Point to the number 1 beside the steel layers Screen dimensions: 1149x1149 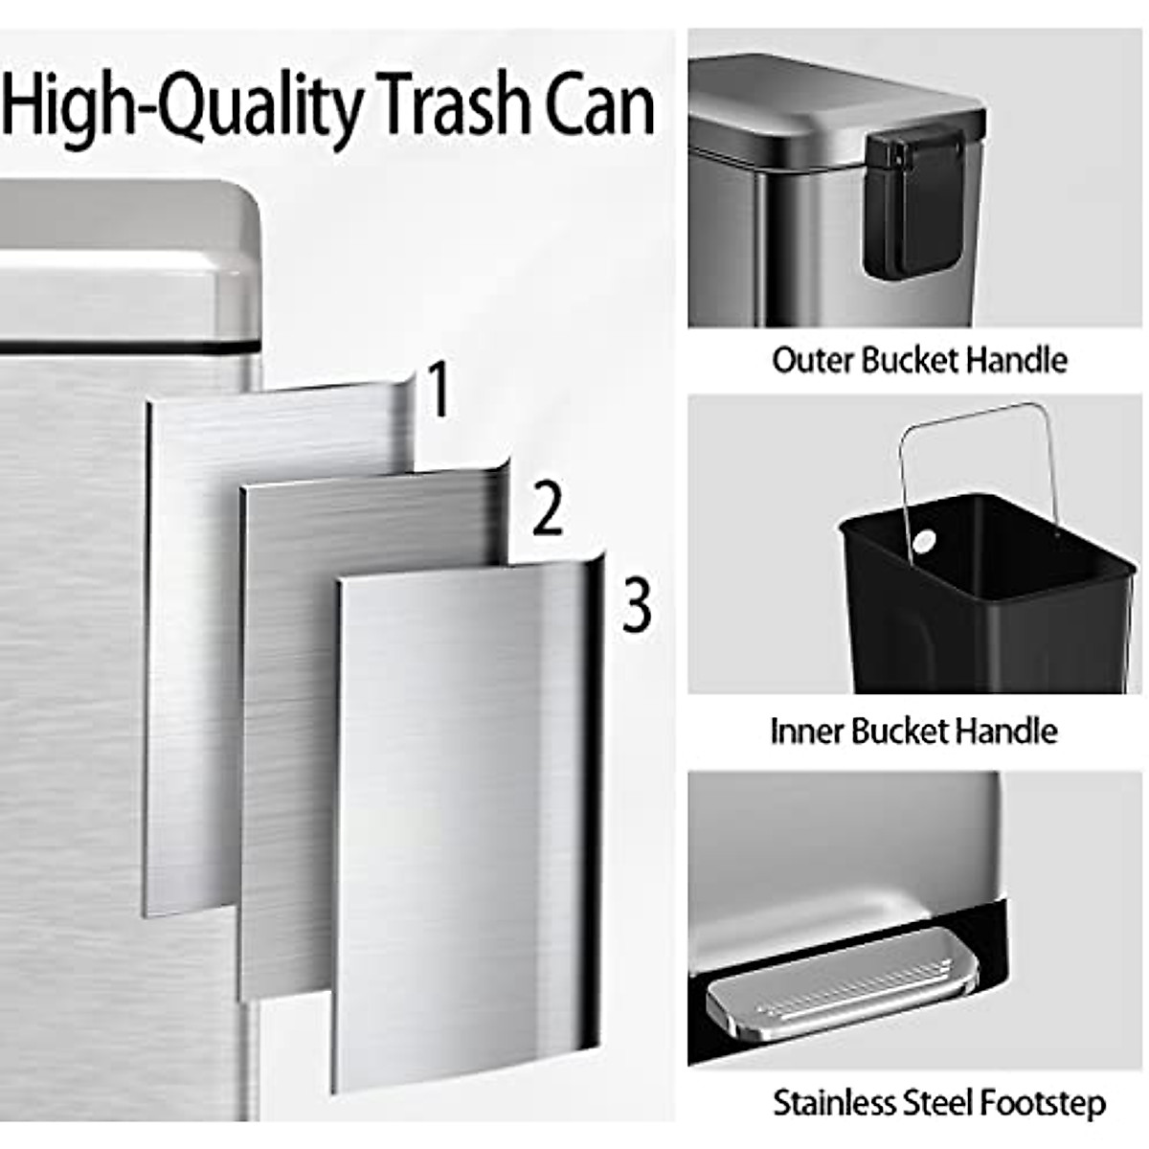click(438, 391)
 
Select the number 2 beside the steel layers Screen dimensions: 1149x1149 click(547, 509)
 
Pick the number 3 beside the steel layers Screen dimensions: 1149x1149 click(637, 604)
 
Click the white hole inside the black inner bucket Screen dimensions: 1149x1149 click(925, 542)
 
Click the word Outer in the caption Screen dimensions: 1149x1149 click(813, 360)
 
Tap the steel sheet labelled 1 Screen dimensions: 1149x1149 click(191, 651)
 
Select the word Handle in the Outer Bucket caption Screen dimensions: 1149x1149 click(1016, 360)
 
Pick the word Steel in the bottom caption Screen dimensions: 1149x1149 click(934, 1103)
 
